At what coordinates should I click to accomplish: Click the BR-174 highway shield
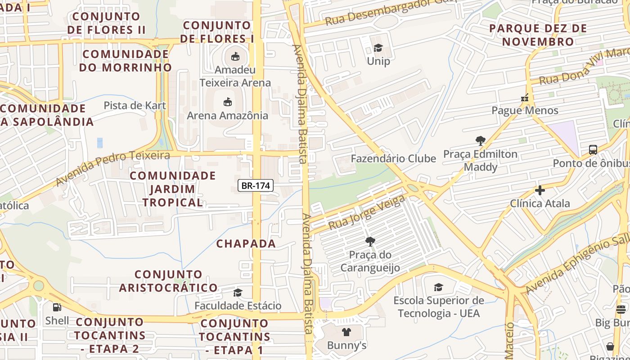pyautogui.click(x=256, y=185)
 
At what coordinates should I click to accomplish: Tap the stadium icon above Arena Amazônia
pyautogui.click(x=228, y=102)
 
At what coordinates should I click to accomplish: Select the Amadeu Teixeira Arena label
pyautogui.click(x=235, y=76)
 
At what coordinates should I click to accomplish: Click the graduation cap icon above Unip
pyautogui.click(x=378, y=48)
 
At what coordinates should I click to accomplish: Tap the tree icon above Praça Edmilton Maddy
pyautogui.click(x=480, y=141)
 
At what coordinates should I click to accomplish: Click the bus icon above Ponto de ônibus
pyautogui.click(x=593, y=150)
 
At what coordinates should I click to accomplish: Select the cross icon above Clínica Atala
pyautogui.click(x=540, y=190)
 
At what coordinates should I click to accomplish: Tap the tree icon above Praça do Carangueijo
pyautogui.click(x=370, y=242)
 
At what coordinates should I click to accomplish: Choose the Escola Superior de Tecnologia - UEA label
pyautogui.click(x=439, y=306)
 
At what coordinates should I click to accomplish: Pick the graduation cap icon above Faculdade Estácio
pyautogui.click(x=238, y=293)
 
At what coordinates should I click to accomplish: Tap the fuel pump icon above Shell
pyautogui.click(x=57, y=307)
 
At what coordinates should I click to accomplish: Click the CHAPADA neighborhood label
pyautogui.click(x=246, y=244)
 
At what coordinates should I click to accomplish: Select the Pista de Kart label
pyautogui.click(x=135, y=106)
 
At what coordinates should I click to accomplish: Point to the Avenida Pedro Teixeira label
pyautogui.click(x=112, y=168)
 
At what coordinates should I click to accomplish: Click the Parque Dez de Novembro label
pyautogui.click(x=538, y=35)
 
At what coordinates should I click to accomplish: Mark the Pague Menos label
pyautogui.click(x=525, y=111)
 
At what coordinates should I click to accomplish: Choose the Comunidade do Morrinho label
pyautogui.click(x=126, y=61)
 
